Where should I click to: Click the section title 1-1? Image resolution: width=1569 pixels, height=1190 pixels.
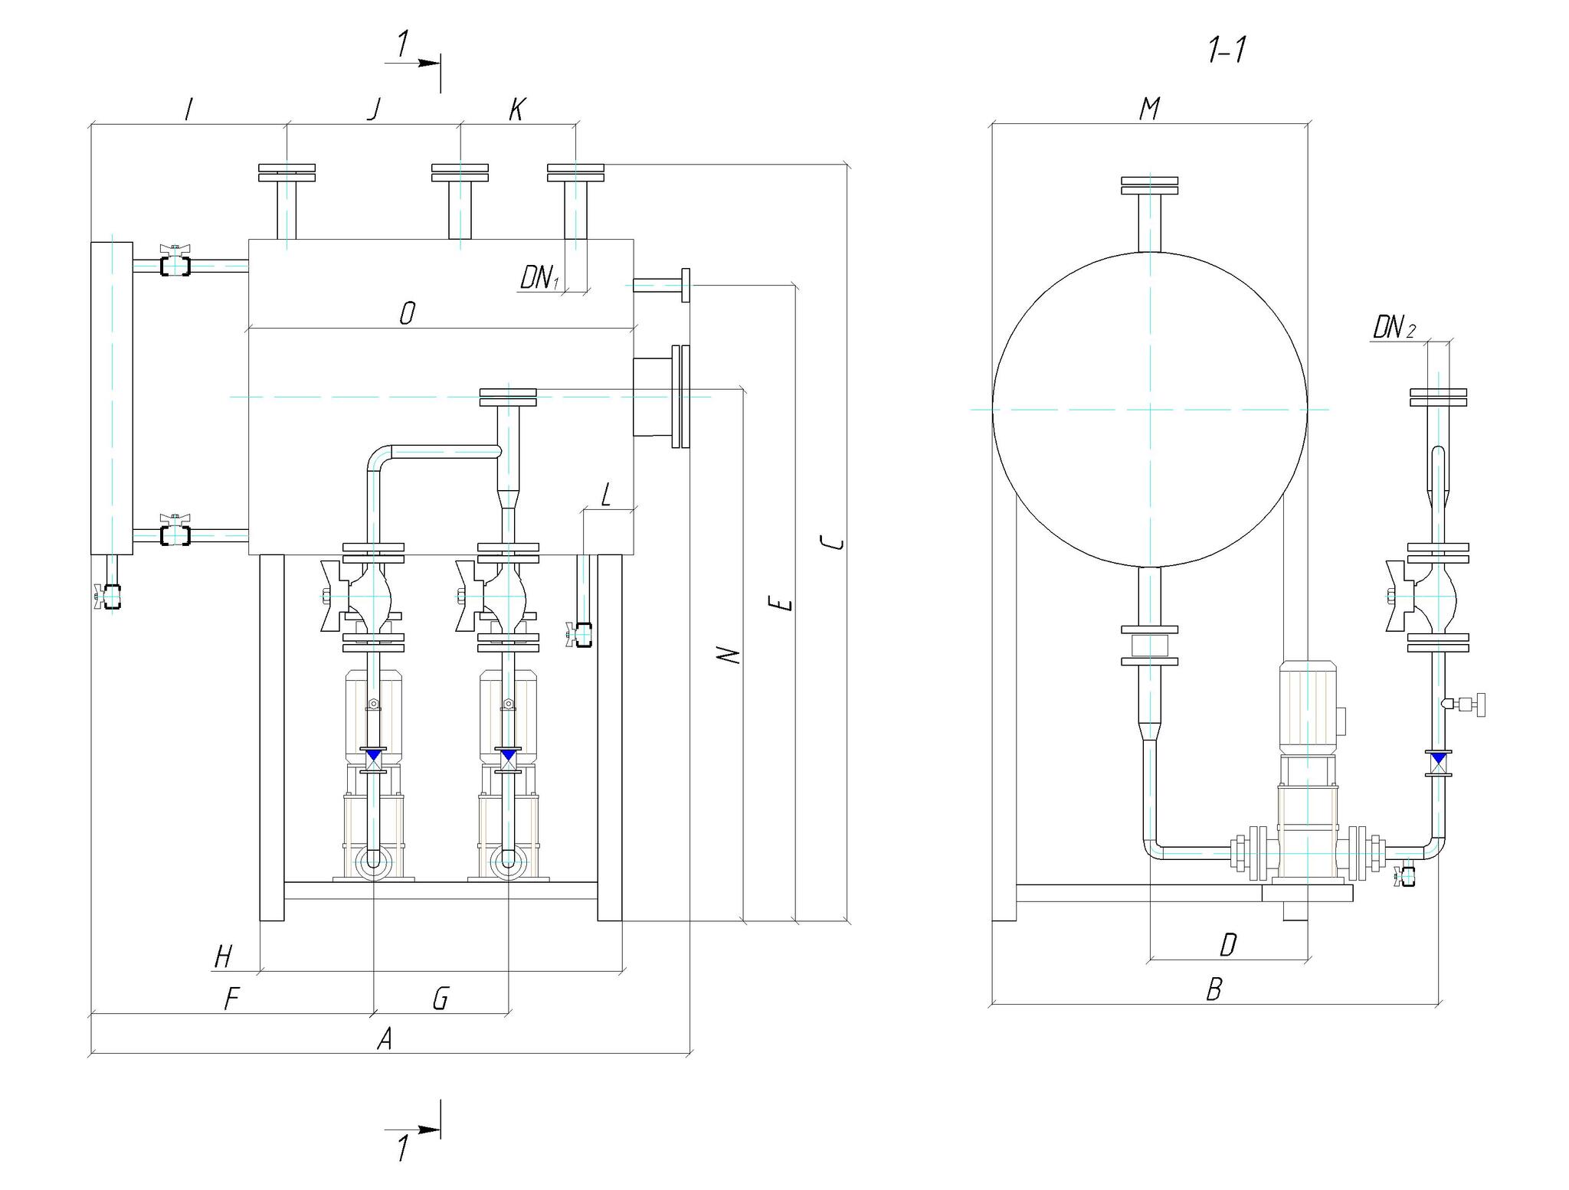[1227, 51]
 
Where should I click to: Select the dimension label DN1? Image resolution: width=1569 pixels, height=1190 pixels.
[539, 277]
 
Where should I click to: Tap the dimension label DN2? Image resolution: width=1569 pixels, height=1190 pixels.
[1394, 329]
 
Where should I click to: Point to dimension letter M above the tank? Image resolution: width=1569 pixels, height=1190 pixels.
[1149, 109]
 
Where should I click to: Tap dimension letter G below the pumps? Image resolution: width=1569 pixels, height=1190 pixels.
[440, 999]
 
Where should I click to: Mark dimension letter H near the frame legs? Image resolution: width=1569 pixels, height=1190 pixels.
[223, 956]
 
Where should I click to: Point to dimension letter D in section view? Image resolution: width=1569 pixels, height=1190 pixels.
[1228, 945]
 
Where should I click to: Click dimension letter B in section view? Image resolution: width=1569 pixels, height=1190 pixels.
[1214, 989]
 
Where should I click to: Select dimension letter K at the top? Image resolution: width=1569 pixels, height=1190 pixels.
[517, 110]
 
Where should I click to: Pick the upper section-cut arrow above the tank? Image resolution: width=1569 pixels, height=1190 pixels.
[413, 63]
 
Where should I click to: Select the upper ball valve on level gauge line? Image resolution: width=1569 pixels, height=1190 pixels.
[175, 262]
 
